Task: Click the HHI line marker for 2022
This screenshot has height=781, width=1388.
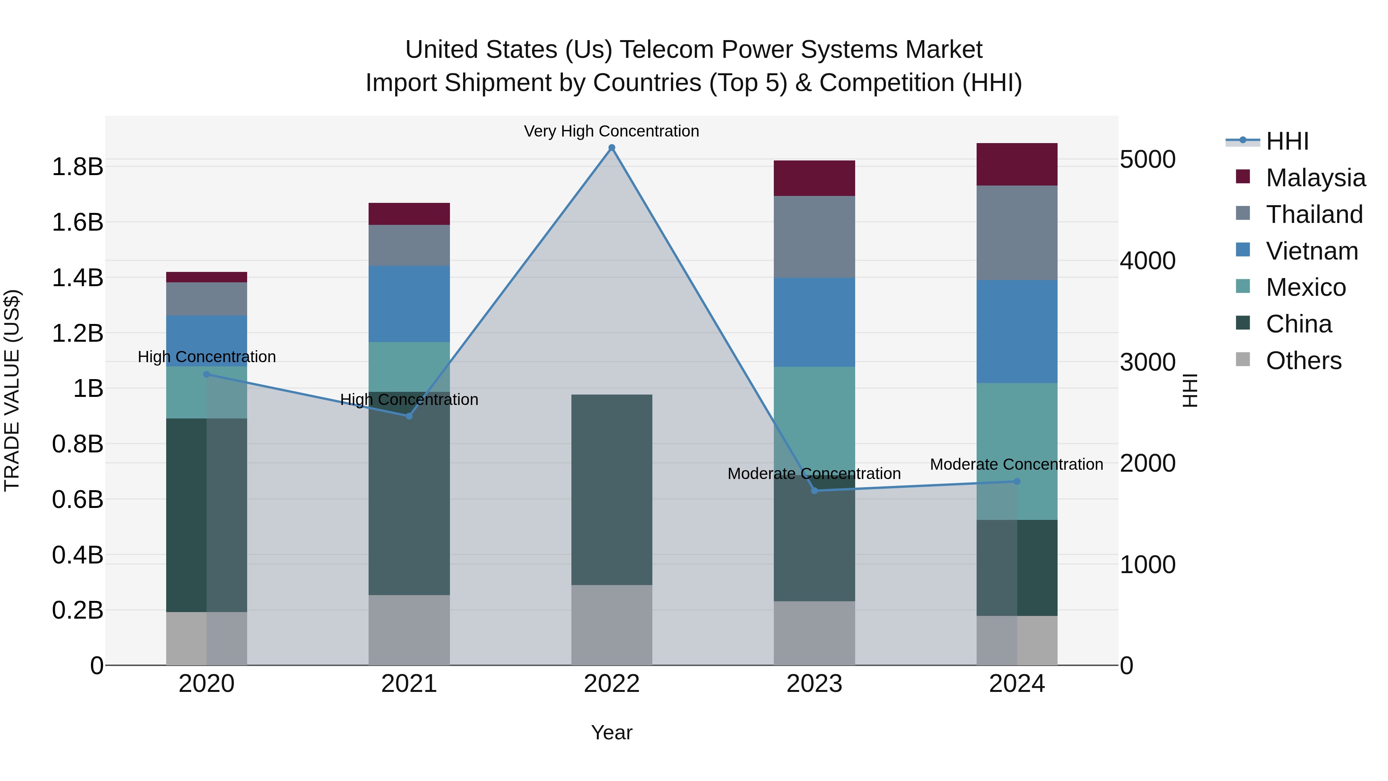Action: [611, 148]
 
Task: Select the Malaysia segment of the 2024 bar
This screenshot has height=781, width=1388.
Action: [1017, 164]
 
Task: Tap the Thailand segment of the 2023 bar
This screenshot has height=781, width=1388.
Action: [814, 237]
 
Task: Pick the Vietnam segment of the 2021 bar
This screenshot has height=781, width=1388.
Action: [409, 304]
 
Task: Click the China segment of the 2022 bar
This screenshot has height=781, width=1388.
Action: [611, 489]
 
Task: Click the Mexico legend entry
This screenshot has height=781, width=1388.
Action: [1305, 287]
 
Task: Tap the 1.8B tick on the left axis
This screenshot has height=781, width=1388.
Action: [77, 167]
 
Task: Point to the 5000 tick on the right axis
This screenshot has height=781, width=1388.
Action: [1147, 160]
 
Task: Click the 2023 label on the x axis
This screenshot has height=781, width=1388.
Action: [814, 684]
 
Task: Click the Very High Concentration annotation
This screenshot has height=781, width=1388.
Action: [611, 131]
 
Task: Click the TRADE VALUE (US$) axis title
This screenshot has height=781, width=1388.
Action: [12, 390]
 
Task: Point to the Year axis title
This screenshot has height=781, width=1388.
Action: [611, 732]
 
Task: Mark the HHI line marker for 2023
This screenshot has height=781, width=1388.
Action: [814, 491]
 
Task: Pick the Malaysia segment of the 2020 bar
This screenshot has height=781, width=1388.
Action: [206, 277]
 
